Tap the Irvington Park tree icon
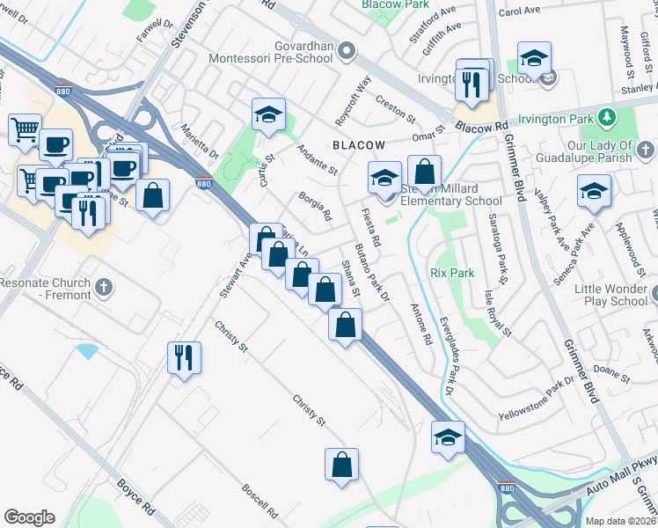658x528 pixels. tap(605, 118)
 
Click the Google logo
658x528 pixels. tap(29, 517)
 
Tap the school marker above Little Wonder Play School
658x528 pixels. tap(594, 191)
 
